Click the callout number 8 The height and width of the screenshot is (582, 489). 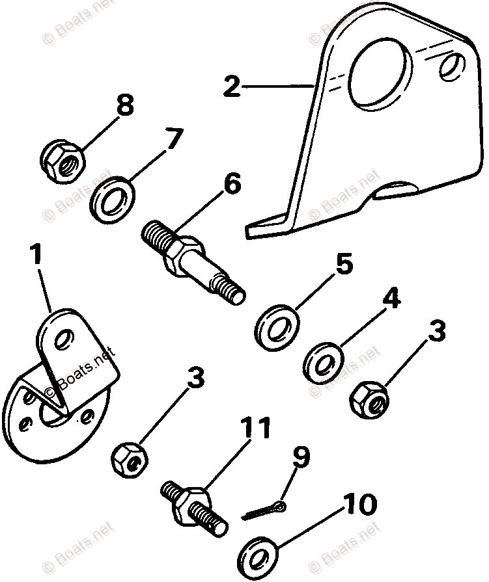point(124,105)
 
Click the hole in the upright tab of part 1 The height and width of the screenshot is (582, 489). point(63,338)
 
